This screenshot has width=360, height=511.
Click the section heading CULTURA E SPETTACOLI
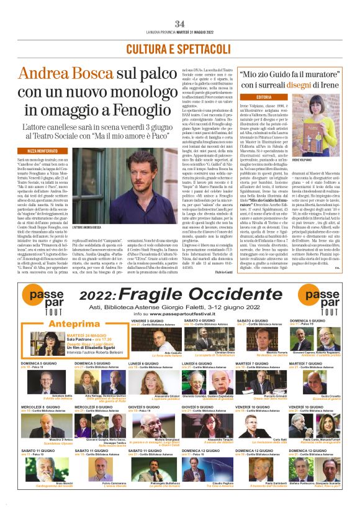[179, 48]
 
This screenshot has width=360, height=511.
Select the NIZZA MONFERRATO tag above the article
[42, 150]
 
